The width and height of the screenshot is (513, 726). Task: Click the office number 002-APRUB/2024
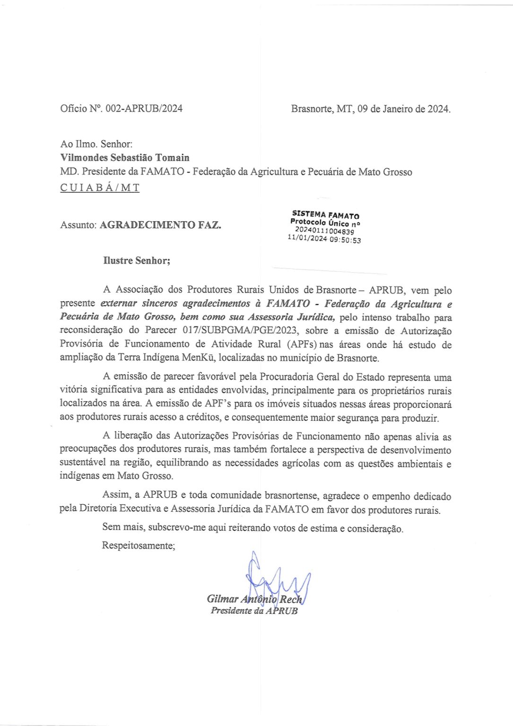[144, 109]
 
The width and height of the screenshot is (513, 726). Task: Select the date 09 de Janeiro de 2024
[403, 109]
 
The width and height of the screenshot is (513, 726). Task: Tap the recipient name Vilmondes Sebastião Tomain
[125, 158]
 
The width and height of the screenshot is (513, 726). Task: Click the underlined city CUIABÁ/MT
[100, 188]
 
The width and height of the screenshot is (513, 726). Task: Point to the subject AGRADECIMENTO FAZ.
[160, 225]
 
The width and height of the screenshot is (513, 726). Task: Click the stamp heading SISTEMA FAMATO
[326, 215]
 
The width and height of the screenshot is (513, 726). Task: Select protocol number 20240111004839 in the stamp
[325, 231]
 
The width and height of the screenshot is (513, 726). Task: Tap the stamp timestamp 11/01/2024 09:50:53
[324, 240]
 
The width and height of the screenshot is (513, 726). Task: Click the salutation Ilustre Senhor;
[137, 260]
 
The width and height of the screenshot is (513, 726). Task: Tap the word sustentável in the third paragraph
[83, 463]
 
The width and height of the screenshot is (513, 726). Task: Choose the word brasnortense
[291, 496]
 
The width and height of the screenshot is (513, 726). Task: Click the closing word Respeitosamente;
[139, 545]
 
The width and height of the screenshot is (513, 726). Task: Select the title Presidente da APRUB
[254, 611]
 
